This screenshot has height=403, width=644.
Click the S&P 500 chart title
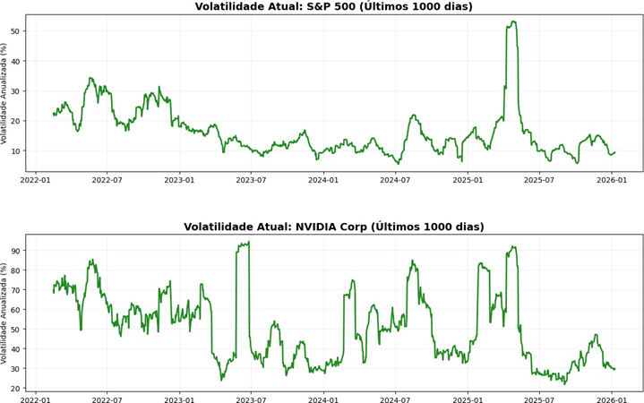click(333, 7)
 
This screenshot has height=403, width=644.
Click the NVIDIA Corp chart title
click(333, 227)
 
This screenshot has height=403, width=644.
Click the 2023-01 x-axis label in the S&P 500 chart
click(179, 180)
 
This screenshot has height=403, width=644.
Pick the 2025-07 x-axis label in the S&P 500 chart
click(540, 180)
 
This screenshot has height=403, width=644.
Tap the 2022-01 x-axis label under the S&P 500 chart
click(35, 180)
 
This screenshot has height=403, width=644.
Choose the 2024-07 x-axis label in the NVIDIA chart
click(396, 399)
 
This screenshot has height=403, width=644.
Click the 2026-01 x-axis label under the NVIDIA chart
click(612, 399)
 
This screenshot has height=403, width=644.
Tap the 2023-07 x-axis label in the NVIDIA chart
click(252, 399)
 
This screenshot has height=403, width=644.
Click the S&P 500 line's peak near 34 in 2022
click(90, 78)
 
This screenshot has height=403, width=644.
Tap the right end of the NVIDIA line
click(615, 369)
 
